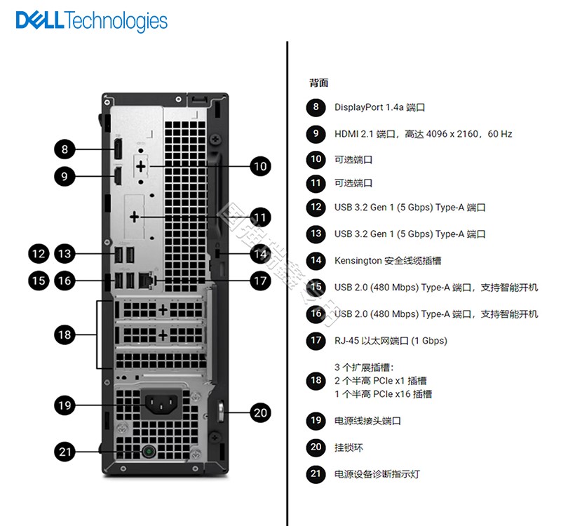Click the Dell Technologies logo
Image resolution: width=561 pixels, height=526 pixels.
tap(92, 21)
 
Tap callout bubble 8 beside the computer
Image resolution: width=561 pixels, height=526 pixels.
tap(65, 149)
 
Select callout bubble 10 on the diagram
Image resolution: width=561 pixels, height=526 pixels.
tap(260, 166)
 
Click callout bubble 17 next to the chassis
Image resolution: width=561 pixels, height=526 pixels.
tap(260, 281)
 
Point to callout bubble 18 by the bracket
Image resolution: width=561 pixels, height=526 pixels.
tap(65, 335)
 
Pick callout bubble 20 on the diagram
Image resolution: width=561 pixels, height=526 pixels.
tap(260, 412)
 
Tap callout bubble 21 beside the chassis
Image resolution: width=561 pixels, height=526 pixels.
tap(65, 452)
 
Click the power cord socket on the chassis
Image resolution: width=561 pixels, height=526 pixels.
tap(161, 405)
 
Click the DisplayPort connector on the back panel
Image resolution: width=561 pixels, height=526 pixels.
tap(118, 149)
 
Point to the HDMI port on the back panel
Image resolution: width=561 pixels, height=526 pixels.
tap(118, 176)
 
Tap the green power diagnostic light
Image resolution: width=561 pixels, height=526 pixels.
tap(148, 452)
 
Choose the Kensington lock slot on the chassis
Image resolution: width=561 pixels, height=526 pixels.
tap(218, 253)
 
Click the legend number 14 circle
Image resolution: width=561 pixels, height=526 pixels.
tap(316, 260)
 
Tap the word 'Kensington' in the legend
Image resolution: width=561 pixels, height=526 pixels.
tap(358, 261)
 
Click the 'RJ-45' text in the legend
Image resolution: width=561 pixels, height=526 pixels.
tap(346, 341)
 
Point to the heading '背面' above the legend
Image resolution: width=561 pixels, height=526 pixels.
tap(319, 83)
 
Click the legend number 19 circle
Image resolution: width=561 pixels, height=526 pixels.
tap(316, 420)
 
